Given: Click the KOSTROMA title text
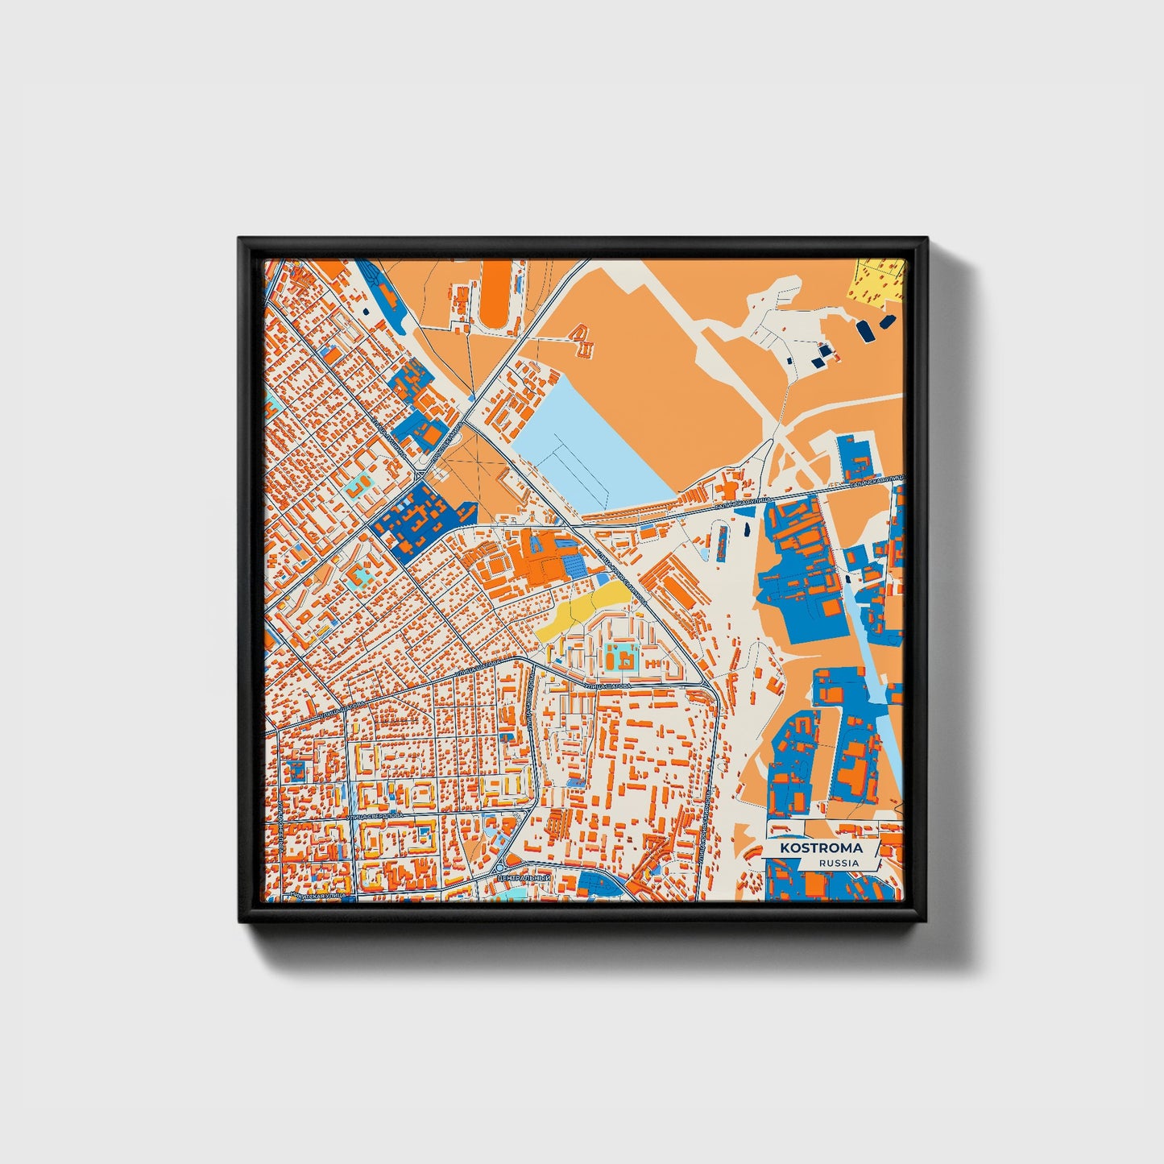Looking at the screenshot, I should pos(820,848).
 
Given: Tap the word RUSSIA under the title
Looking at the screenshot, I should pos(838,863).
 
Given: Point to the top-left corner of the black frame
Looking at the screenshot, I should pos(240,239).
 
